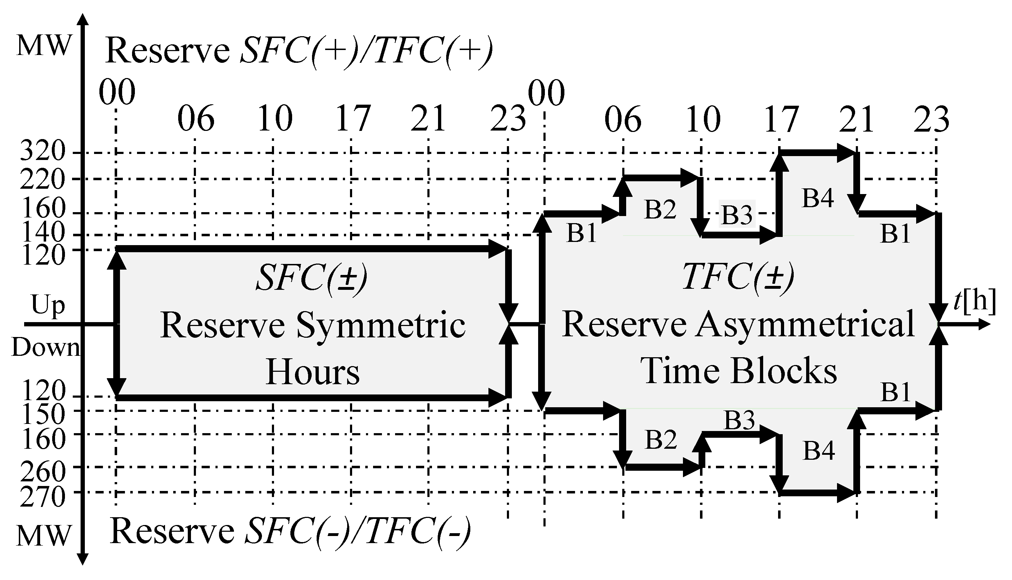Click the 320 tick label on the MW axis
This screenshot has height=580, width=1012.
[x=42, y=151]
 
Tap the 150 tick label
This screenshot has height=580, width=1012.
[x=42, y=415]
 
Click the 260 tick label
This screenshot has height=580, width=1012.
[x=42, y=473]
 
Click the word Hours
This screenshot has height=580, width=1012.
[x=312, y=372]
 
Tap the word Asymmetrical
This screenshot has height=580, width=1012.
[x=805, y=325]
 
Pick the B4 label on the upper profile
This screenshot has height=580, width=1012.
[x=817, y=198]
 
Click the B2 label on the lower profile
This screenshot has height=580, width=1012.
[x=661, y=440]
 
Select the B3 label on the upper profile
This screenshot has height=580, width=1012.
[x=737, y=215]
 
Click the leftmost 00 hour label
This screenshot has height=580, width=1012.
[x=117, y=93]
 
